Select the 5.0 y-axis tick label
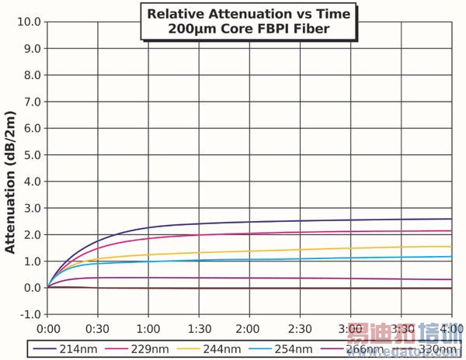click(x=30, y=154)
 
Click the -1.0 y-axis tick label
click(x=28, y=314)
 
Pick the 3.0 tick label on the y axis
click(x=30, y=208)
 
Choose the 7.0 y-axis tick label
click(x=30, y=102)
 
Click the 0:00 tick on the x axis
click(x=48, y=328)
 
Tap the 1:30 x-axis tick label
click(x=200, y=328)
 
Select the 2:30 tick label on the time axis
click(x=301, y=328)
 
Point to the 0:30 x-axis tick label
click(x=99, y=328)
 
